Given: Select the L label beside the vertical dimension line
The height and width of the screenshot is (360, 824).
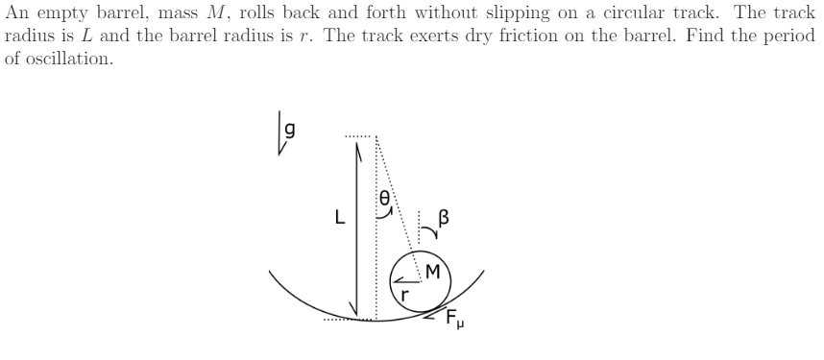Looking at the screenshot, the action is coord(338,217).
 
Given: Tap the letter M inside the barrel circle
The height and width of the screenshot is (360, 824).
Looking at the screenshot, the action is coord(432,272).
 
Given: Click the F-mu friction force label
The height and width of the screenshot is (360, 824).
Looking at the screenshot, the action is coord(455,322).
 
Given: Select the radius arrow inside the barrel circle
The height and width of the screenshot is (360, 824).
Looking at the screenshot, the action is coord(404,279).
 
